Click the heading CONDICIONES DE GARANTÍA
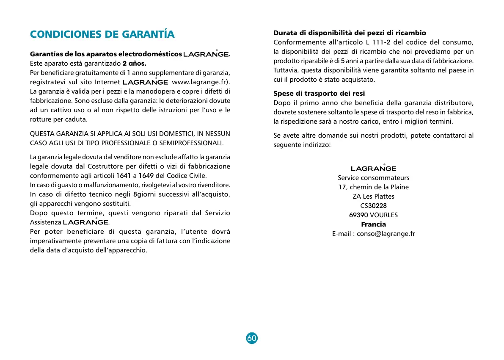(102, 34)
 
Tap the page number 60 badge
(252, 338)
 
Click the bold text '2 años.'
(134, 64)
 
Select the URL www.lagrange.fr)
(201, 82)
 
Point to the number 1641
(124, 176)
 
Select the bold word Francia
(373, 224)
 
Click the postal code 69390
(358, 215)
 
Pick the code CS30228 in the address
(373, 206)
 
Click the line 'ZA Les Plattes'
(373, 197)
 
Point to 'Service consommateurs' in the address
(373, 178)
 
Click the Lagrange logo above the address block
(373, 169)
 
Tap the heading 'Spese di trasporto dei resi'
(319, 93)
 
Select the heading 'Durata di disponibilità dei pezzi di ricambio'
(350, 33)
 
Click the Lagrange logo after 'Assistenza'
(85, 222)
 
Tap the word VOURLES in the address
(384, 215)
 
